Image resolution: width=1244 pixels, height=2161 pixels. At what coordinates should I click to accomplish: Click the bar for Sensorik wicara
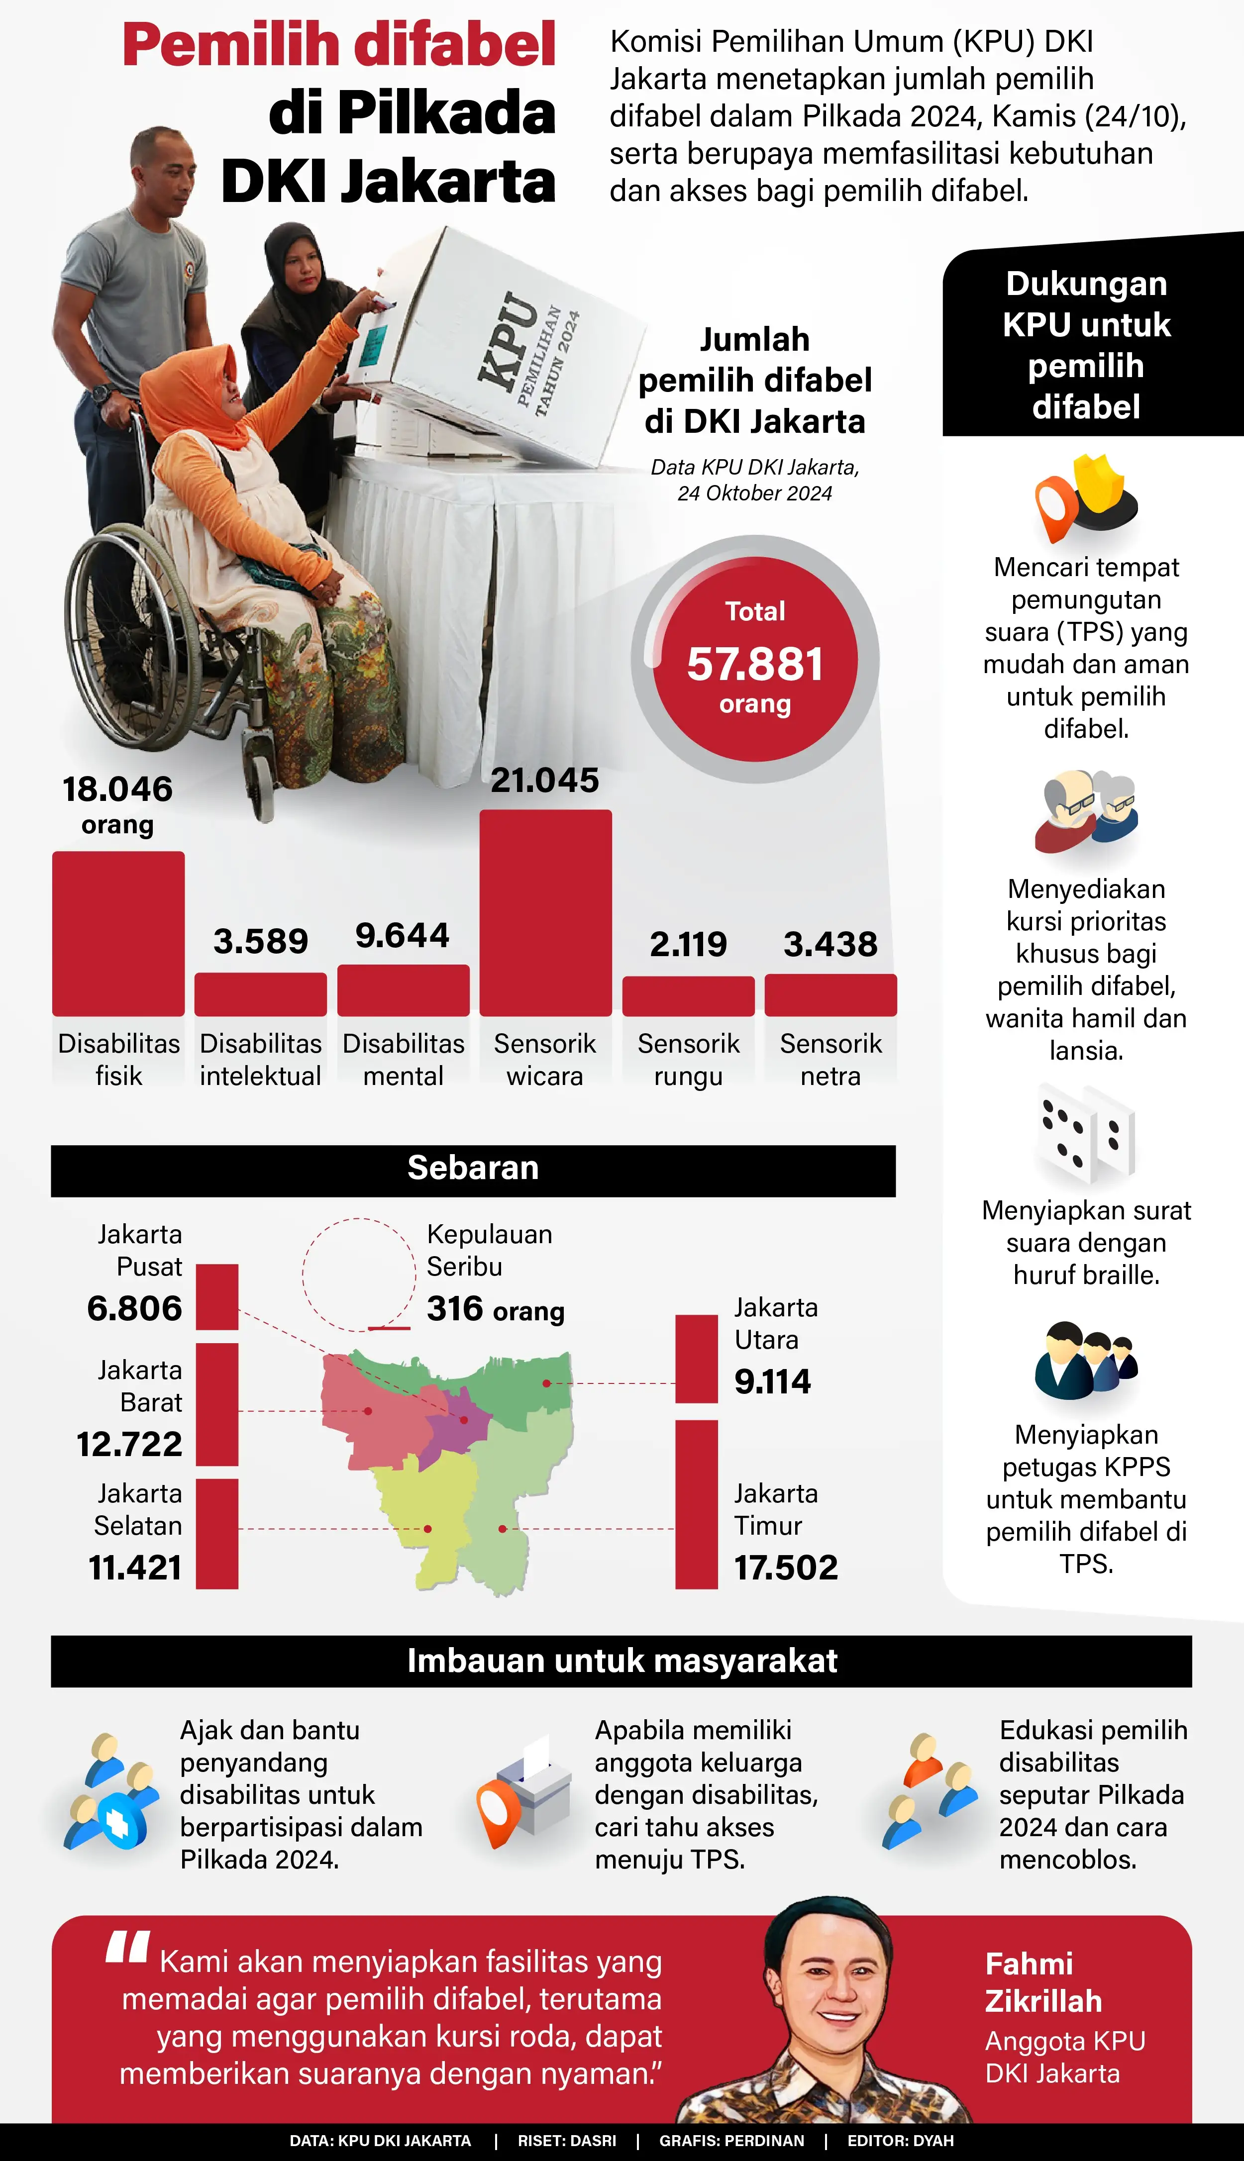click(x=545, y=912)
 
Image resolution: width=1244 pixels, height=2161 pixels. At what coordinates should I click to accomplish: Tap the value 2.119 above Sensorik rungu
click(x=688, y=944)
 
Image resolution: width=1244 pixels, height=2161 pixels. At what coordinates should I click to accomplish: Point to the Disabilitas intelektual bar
click(x=261, y=994)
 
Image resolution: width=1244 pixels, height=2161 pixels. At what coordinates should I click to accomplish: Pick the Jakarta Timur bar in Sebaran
click(x=696, y=1503)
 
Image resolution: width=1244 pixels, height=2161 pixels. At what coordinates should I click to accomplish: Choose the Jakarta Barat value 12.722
click(x=130, y=1444)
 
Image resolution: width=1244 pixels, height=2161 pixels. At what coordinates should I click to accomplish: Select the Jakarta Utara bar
click(x=696, y=1358)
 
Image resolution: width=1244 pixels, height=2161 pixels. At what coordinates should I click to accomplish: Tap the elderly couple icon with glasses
click(x=1085, y=811)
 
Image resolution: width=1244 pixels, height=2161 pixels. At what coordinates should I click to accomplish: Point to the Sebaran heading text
click(x=473, y=1168)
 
